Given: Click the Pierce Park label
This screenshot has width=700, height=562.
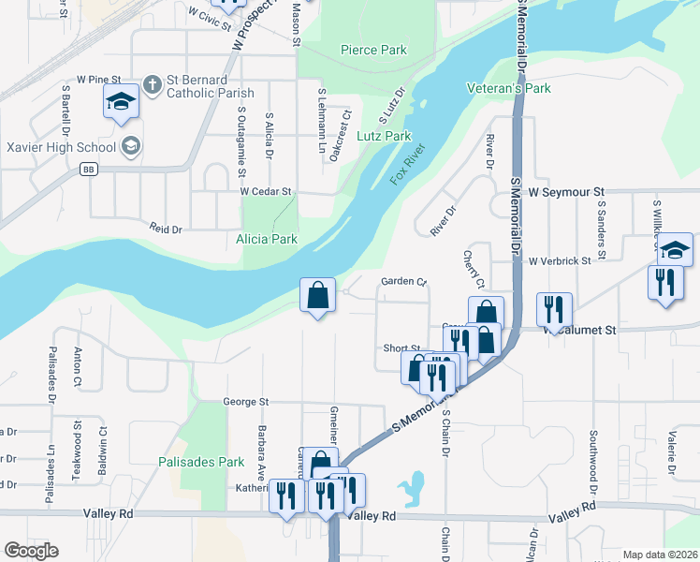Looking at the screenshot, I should pos(373,50).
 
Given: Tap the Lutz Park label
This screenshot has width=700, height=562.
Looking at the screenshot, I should pos(384,136).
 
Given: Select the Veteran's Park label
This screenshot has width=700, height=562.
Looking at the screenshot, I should pos(509,88).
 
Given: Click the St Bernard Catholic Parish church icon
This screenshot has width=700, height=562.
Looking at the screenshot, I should pos(153,88).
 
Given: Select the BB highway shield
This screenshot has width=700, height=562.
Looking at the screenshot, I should pos(89,170).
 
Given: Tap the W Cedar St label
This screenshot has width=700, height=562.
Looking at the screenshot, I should pos(266,191).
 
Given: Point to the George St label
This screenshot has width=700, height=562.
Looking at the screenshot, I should pos(246,402).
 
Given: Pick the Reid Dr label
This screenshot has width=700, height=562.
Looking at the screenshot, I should pos(165,228).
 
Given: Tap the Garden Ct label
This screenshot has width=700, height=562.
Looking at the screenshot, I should pos(403,281).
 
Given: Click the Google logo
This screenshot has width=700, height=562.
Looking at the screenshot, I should pos(31,551).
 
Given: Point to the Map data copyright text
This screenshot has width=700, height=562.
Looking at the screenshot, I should pos(660,555).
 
